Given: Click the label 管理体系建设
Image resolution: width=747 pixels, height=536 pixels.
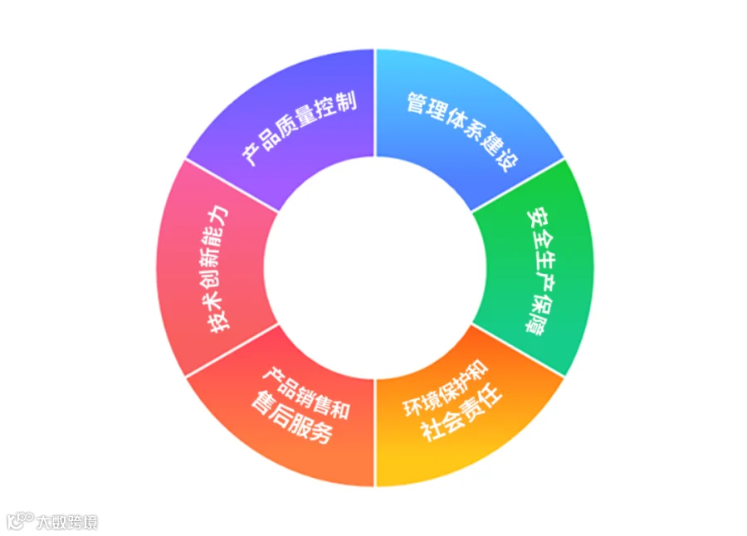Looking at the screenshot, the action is click(457, 129).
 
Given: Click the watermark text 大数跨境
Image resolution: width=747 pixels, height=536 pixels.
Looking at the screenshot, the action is click(67, 522).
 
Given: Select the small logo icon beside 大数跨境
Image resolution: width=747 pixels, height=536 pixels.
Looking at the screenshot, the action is click(19, 521).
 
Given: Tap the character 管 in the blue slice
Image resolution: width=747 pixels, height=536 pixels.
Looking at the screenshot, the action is click(415, 103).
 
